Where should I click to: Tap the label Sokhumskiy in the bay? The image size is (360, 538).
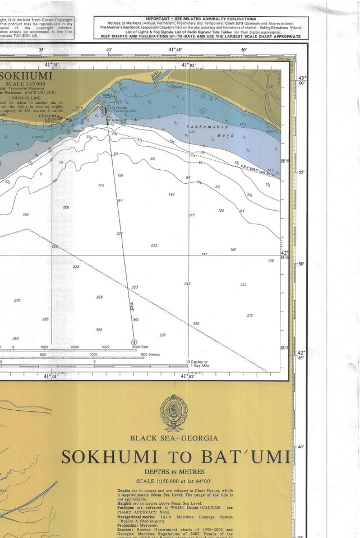coord(200,127)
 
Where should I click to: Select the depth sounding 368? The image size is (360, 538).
coord(99,330)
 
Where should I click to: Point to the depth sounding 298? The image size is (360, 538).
coord(99,297)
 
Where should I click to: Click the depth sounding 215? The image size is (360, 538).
coord(250,316)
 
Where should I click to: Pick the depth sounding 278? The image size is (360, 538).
coord(17,300)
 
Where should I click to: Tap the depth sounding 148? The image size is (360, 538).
coord(172,194)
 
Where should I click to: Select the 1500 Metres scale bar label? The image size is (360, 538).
coord(151,354)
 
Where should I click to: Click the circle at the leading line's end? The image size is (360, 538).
coord(133,341)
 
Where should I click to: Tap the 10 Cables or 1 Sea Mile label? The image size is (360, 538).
coord(197,363)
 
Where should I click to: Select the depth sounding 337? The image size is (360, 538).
coord(163,335)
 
